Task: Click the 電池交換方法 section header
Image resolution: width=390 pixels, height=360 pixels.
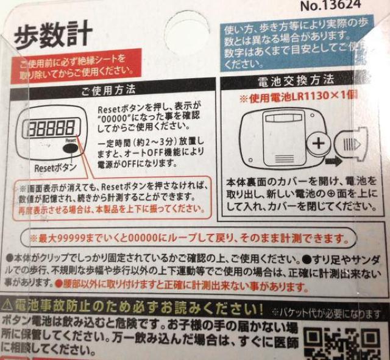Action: tap(297, 80)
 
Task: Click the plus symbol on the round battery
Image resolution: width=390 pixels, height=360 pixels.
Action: tap(319, 144)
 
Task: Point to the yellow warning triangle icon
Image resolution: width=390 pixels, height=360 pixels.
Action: tap(7, 304)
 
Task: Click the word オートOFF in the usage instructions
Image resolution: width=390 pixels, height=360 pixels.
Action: tap(142, 155)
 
